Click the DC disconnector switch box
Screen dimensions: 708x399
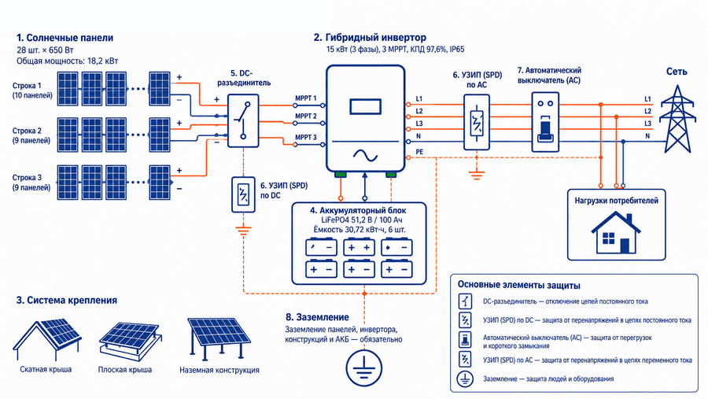click(243, 120)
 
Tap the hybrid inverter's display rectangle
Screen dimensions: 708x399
click(365, 107)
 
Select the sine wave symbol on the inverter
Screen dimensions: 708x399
click(365, 156)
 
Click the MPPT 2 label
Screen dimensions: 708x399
click(306, 116)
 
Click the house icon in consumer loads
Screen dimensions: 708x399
click(616, 233)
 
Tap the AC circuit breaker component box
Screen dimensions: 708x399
click(545, 122)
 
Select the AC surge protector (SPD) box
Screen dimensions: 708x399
click(477, 122)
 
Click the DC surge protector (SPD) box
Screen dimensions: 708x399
click(243, 194)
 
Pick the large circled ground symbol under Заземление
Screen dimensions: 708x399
click(364, 368)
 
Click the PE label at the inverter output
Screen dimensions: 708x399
click(419, 152)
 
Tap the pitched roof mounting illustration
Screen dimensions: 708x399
click(46, 338)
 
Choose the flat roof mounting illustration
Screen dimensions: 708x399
click(130, 340)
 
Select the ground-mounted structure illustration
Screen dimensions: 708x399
click(219, 338)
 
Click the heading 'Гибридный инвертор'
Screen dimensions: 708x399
click(375, 38)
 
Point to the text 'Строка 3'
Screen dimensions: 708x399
click(27, 178)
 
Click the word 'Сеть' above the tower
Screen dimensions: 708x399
click(677, 72)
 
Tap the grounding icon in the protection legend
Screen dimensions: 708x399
click(465, 379)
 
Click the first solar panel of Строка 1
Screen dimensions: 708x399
click(68, 89)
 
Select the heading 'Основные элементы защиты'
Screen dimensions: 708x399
click(519, 285)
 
